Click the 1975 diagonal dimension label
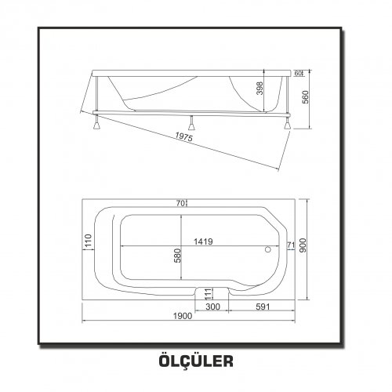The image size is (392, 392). (183, 136)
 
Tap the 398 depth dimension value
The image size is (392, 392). (260, 89)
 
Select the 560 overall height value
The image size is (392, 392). (305, 97)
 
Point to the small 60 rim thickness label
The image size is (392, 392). (298, 74)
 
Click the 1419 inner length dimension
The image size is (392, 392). (203, 241)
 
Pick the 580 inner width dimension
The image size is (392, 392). (177, 256)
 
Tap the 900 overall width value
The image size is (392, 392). (303, 245)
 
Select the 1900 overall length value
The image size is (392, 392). (183, 316)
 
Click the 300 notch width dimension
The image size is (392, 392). (212, 307)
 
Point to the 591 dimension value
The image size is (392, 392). (263, 307)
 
